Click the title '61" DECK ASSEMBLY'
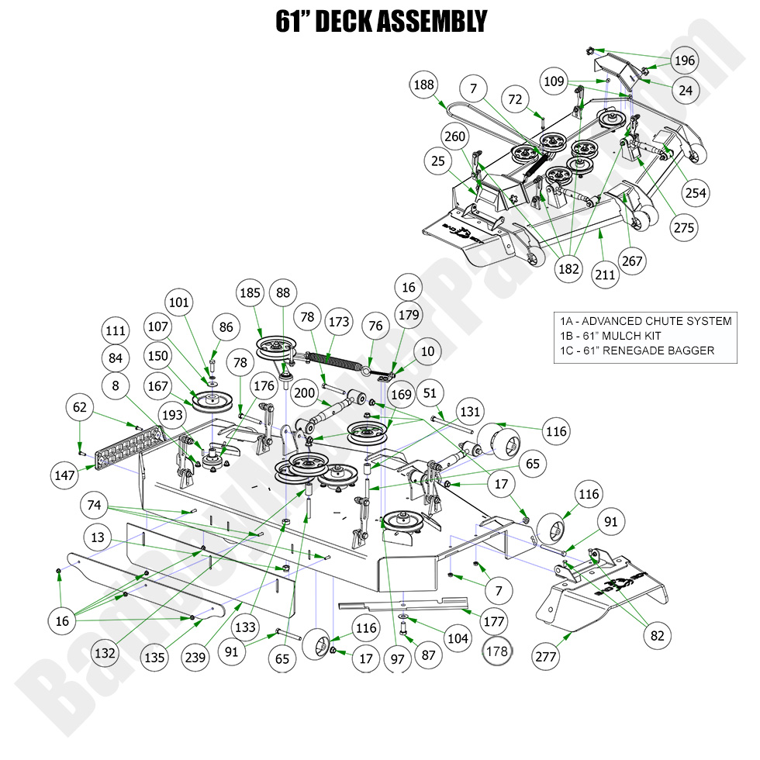[x=380, y=21]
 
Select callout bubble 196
[x=684, y=60]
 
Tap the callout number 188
[x=423, y=85]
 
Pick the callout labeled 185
[x=250, y=295]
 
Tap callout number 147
[x=65, y=473]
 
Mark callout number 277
[x=548, y=655]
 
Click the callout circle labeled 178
[x=496, y=651]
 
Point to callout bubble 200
[x=305, y=393]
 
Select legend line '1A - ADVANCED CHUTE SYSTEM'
[x=645, y=321]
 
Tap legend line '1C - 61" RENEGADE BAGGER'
[x=636, y=351]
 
